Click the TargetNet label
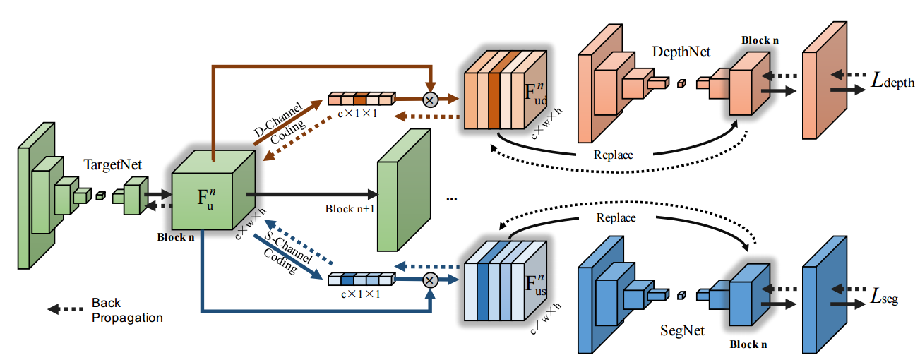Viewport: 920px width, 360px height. coord(112,164)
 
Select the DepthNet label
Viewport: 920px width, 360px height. coord(681,52)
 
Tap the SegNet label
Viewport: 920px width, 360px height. coord(682,330)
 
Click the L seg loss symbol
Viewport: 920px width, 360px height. coord(884,296)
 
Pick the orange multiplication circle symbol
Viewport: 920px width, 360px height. coord(431,100)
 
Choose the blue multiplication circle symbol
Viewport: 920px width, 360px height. coord(431,280)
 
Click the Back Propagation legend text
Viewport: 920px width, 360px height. coord(127,310)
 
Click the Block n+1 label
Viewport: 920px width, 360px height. coord(350,209)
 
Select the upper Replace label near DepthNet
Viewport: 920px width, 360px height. coord(613,155)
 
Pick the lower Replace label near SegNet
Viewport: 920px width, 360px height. coord(616,218)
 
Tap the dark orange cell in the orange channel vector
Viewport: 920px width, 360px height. coord(360,100)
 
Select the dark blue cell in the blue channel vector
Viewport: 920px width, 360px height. coord(347,280)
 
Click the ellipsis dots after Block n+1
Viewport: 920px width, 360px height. coord(452,200)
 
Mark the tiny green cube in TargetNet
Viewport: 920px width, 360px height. coord(101,196)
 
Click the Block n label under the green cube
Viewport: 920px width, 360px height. coord(176,237)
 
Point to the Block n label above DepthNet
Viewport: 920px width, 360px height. coord(760,40)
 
